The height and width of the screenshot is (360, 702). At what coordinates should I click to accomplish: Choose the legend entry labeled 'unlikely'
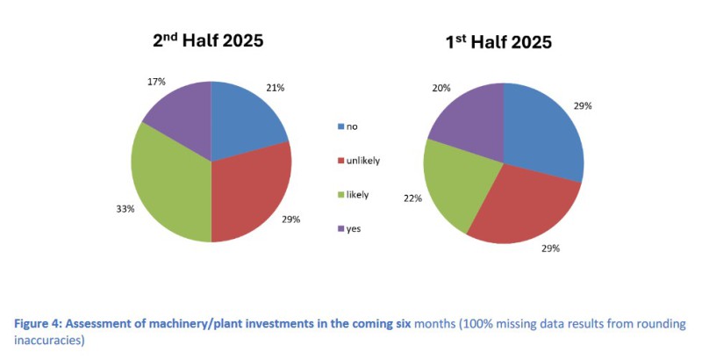point(363,161)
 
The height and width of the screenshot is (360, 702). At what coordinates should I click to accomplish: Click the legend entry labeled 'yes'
point(356,228)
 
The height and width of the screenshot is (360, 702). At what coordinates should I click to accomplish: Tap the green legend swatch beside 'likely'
point(340,195)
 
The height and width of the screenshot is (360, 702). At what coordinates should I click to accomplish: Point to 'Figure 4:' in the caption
point(40,324)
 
